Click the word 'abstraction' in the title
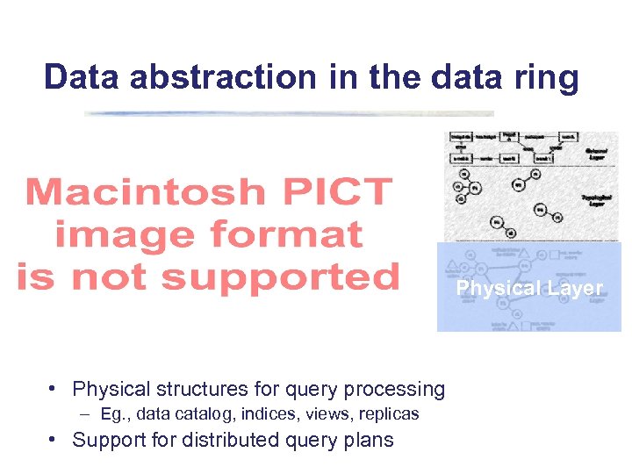[x=222, y=77]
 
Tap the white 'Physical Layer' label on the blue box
[x=529, y=289]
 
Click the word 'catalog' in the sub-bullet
[x=205, y=413]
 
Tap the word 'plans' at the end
[x=369, y=441]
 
